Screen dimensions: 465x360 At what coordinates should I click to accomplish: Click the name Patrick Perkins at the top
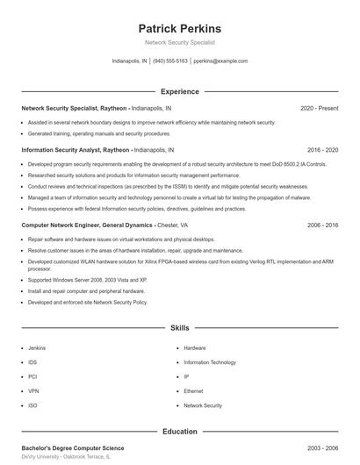pyautogui.click(x=180, y=28)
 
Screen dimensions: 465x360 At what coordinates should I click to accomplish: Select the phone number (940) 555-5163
pyautogui.click(x=171, y=61)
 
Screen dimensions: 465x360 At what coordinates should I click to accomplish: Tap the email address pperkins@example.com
pyautogui.click(x=220, y=61)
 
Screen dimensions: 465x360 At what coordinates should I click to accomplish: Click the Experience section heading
pyautogui.click(x=180, y=91)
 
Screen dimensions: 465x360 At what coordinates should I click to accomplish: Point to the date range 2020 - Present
pyautogui.click(x=319, y=108)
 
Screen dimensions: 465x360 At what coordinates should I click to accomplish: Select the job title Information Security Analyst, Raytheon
pyautogui.click(x=76, y=150)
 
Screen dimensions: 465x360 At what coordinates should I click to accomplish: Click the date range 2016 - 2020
pyautogui.click(x=322, y=150)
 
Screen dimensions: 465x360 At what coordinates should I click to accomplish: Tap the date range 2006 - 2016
pyautogui.click(x=322, y=225)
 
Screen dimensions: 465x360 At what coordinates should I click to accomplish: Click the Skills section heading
pyautogui.click(x=180, y=327)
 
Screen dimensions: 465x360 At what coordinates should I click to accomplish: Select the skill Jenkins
pyautogui.click(x=37, y=347)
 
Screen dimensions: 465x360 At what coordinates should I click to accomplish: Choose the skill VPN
pyautogui.click(x=33, y=391)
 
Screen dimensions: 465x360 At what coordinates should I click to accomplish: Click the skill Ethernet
pyautogui.click(x=193, y=391)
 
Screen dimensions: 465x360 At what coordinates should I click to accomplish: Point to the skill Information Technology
pyautogui.click(x=210, y=362)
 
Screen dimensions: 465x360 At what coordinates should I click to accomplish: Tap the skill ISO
pyautogui.click(x=32, y=405)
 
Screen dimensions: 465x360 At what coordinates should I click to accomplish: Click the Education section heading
pyautogui.click(x=180, y=431)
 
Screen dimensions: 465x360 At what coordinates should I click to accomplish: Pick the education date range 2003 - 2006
pyautogui.click(x=322, y=447)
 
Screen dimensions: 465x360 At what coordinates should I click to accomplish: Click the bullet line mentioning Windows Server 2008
pyautogui.click(x=87, y=280)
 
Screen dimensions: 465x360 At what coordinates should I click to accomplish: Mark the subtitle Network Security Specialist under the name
pyautogui.click(x=180, y=42)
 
